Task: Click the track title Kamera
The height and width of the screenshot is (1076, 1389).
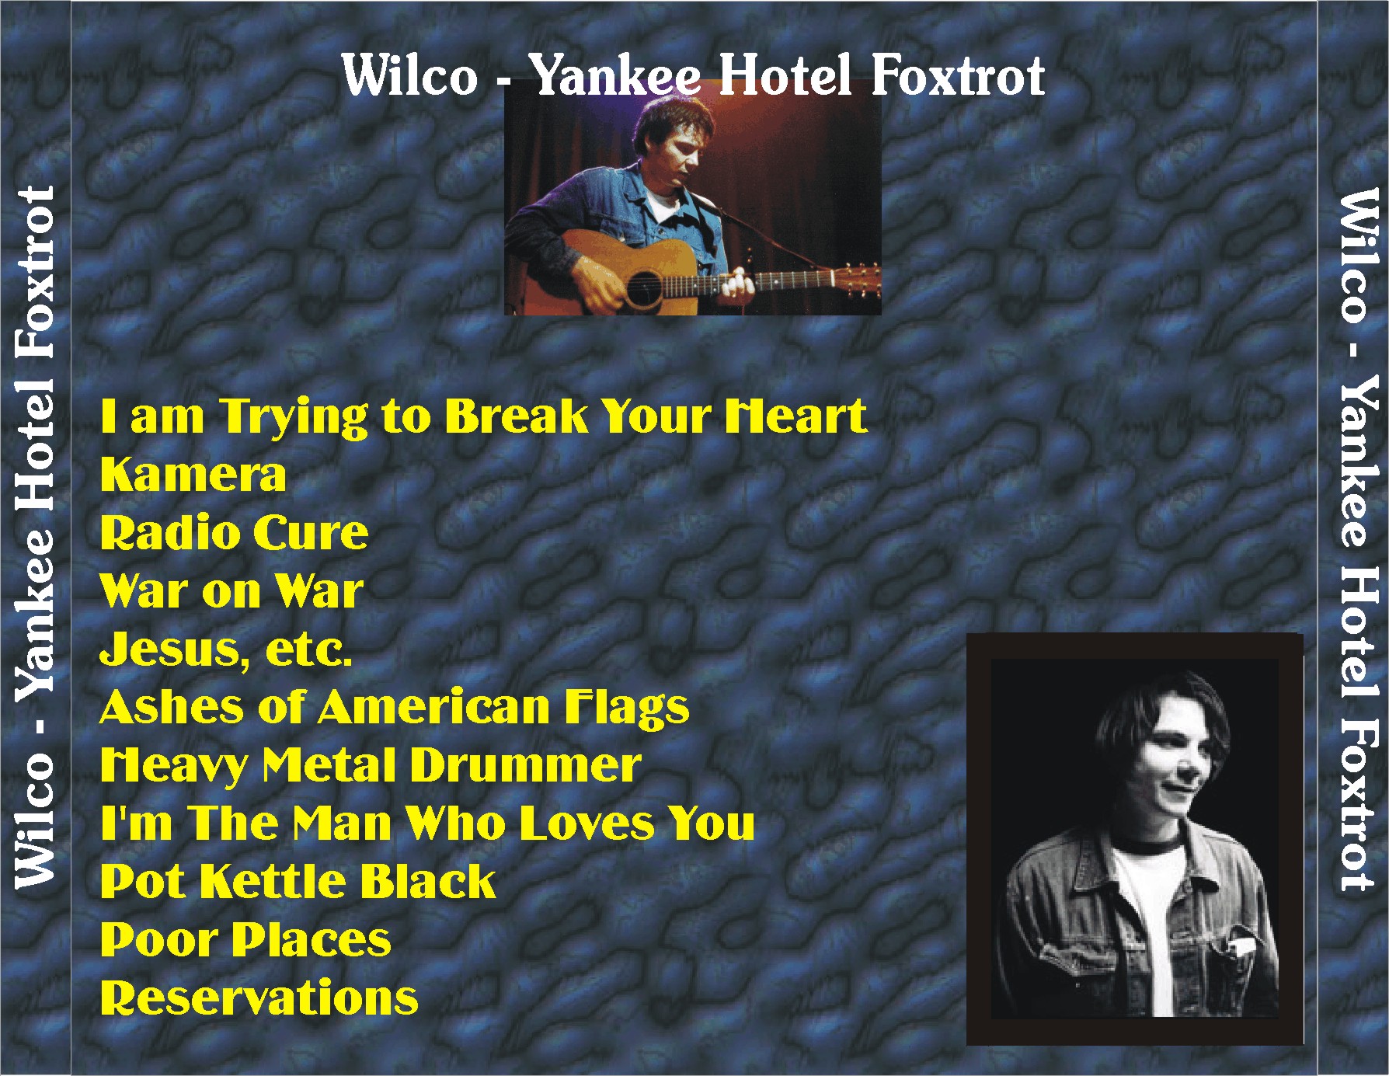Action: click(193, 475)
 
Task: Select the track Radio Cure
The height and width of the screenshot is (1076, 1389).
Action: click(235, 533)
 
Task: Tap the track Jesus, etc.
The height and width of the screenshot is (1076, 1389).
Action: click(226, 650)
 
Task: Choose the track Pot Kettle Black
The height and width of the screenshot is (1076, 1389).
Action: click(298, 882)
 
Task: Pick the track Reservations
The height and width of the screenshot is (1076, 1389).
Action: click(259, 998)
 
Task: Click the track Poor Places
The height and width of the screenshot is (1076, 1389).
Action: click(245, 940)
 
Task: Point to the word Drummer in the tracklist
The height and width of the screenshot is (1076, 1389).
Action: click(526, 765)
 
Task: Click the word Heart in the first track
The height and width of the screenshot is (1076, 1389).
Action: click(796, 416)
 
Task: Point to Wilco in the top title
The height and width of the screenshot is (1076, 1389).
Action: click(409, 75)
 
